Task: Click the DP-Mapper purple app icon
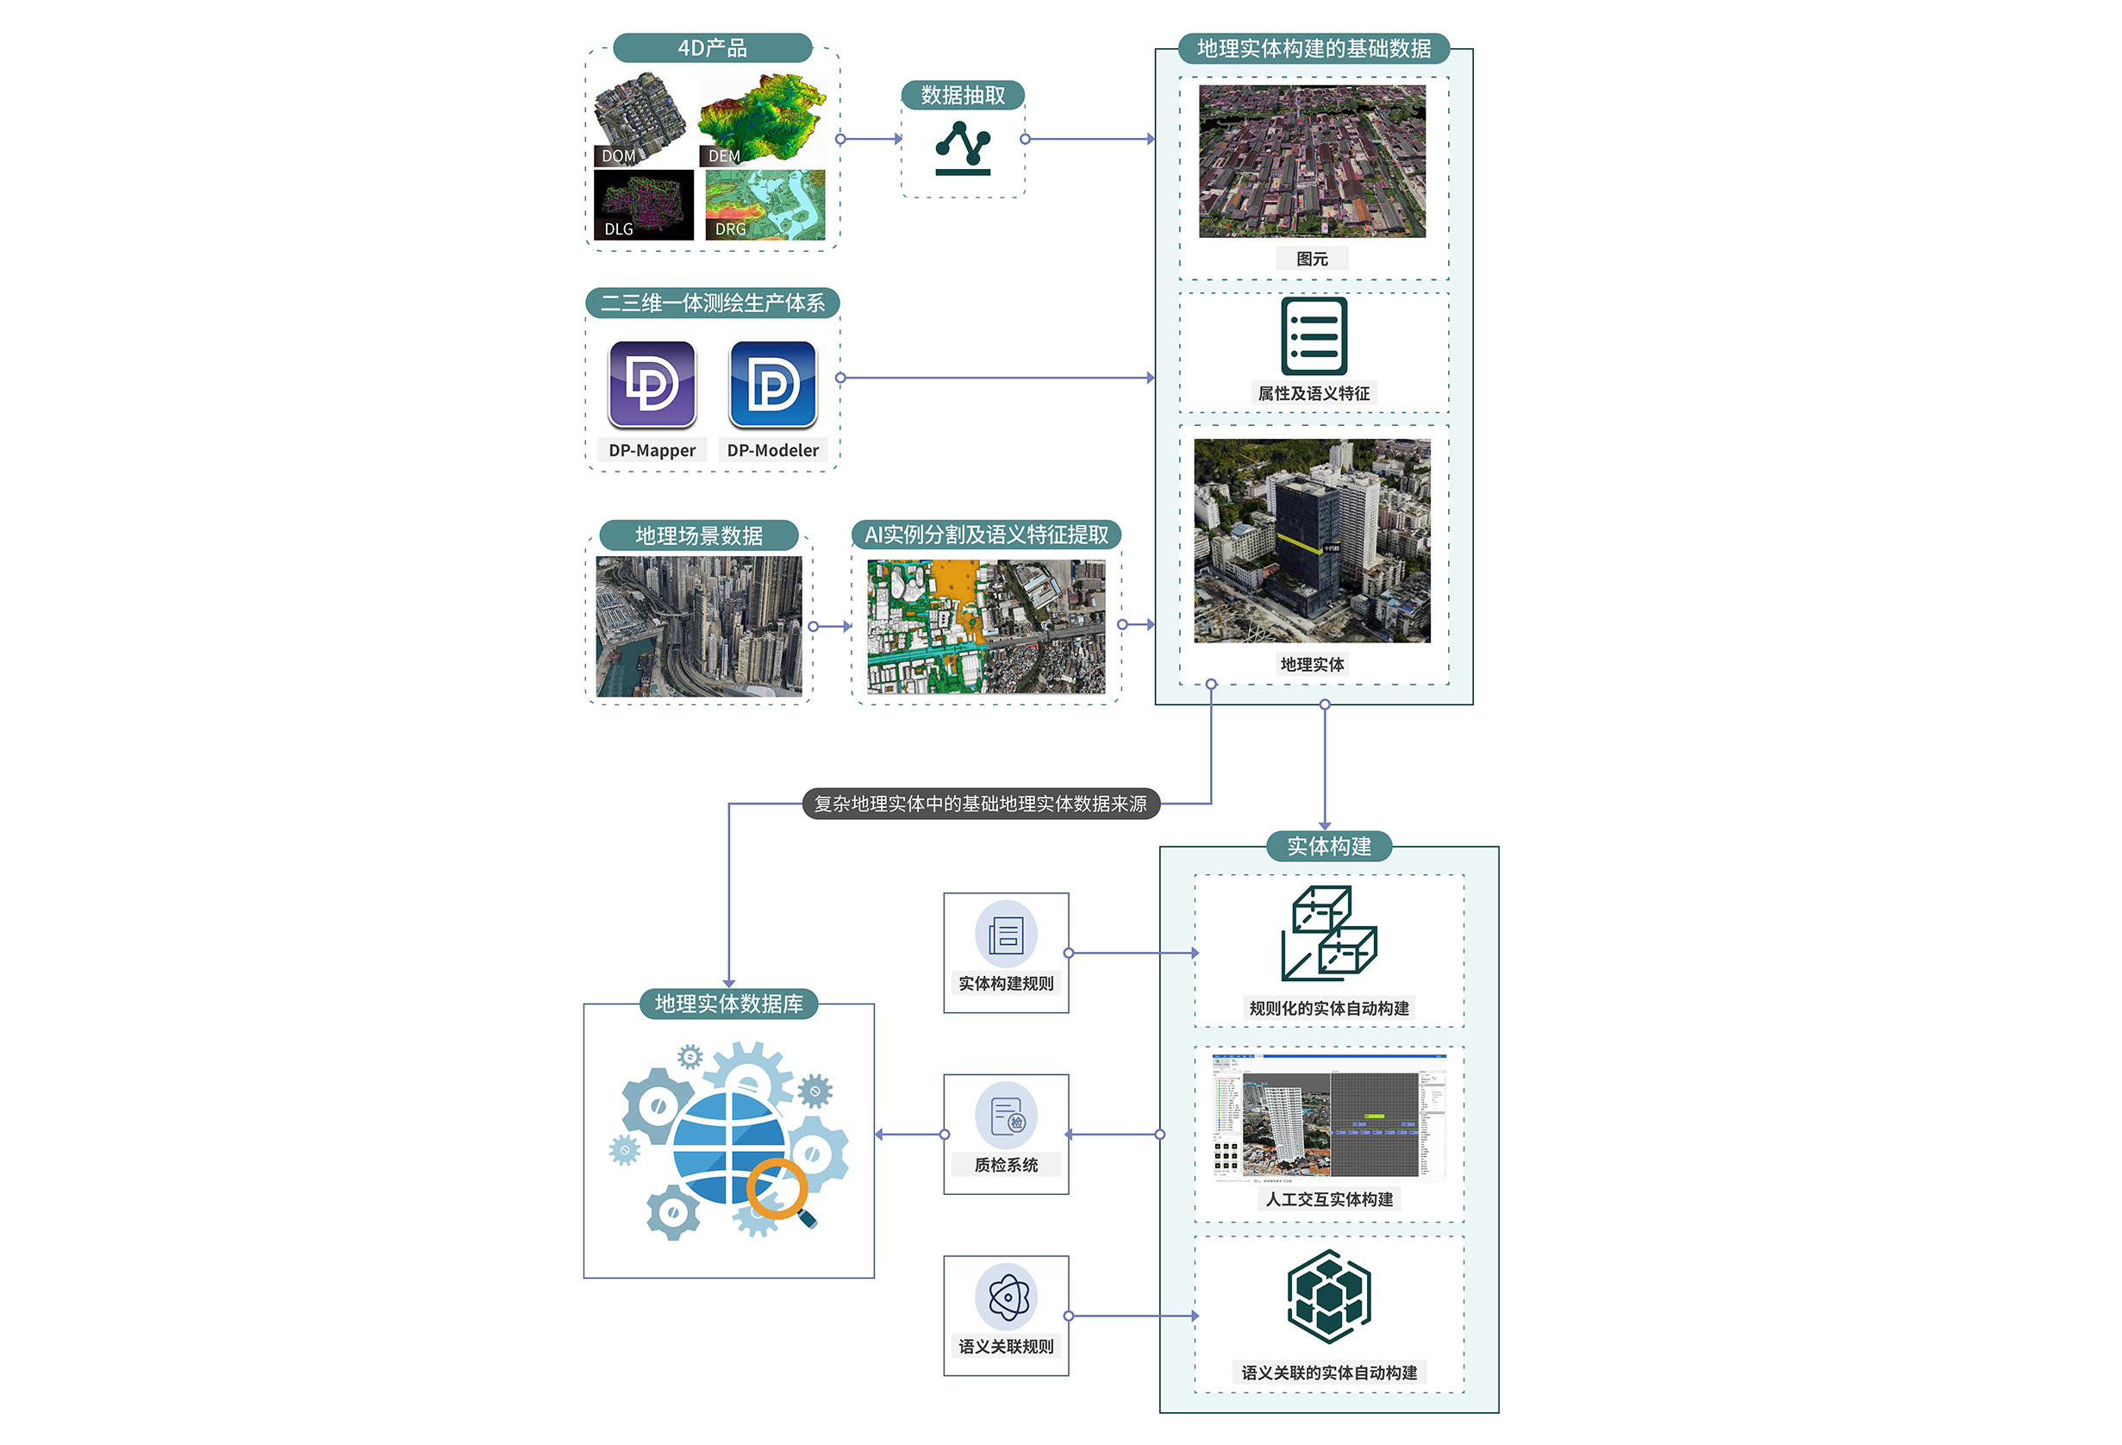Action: coord(652,384)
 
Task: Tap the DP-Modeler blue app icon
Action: coord(772,384)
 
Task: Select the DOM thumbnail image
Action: coord(640,118)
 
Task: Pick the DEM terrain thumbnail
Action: coord(763,118)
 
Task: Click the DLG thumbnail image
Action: coord(643,204)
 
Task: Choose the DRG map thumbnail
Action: coord(765,204)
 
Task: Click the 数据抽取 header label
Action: coord(963,95)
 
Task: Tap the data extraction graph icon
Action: coord(963,148)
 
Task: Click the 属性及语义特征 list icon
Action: coord(1314,336)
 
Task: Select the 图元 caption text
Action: coord(1312,259)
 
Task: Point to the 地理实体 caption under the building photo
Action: coord(1312,664)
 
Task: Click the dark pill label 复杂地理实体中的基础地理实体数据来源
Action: coord(980,804)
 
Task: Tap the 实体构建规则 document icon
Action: coord(1005,935)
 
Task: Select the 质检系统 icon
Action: coord(1005,1116)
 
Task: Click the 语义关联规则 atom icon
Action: coord(1005,1296)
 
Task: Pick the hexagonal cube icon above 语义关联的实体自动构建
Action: coord(1328,1296)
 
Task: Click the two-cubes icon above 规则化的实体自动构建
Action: coord(1328,933)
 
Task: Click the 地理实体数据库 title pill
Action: coord(728,1004)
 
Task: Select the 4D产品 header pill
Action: coord(712,47)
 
